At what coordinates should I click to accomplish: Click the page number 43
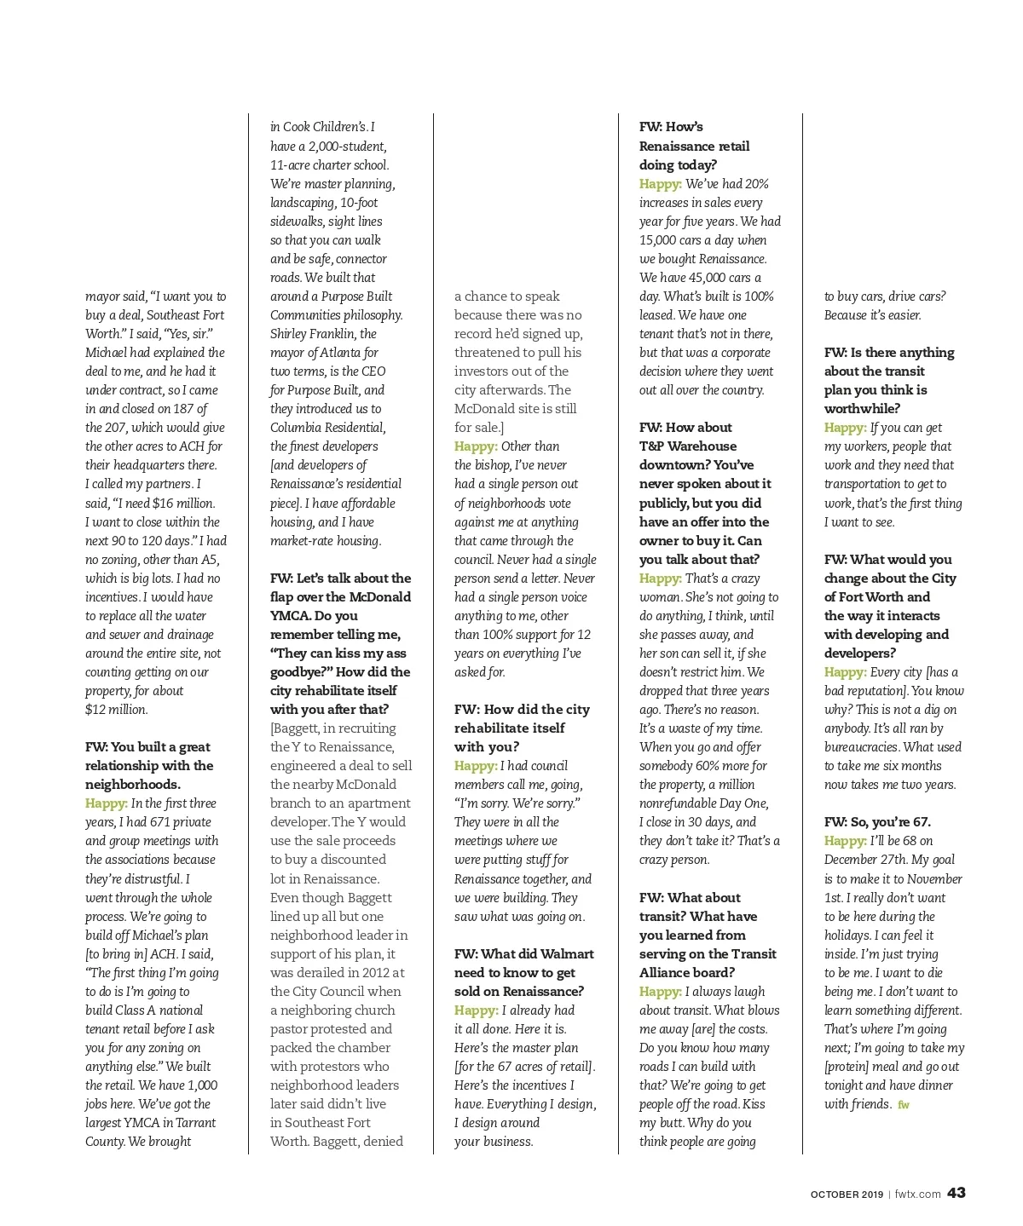(956, 1193)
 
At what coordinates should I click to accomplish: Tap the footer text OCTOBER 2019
(847, 1194)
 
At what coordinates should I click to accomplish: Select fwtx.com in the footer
(917, 1194)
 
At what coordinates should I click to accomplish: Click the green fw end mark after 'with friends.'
(904, 1105)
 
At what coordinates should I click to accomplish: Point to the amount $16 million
(183, 503)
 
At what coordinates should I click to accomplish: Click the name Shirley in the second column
(290, 334)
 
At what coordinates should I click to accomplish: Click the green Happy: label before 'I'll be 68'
(845, 841)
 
